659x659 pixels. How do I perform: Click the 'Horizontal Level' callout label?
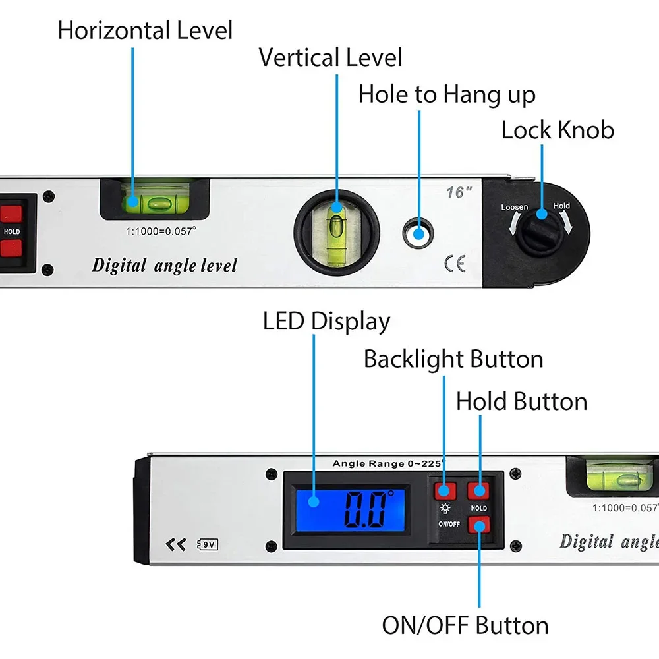click(x=145, y=30)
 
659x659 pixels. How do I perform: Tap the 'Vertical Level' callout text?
click(x=330, y=57)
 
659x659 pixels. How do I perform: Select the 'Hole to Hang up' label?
click(x=447, y=95)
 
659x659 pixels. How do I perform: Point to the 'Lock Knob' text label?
click(x=558, y=130)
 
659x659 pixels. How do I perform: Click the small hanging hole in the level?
click(x=418, y=233)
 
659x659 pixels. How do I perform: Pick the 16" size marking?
click(x=459, y=192)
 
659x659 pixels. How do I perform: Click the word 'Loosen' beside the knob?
click(x=514, y=207)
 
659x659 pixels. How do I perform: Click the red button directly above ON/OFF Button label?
click(x=479, y=525)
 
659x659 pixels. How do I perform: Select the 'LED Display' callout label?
click(x=326, y=322)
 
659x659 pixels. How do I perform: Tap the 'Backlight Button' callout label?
click(x=453, y=359)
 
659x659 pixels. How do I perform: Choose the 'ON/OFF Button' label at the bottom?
click(x=465, y=625)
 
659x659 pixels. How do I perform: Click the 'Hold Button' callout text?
click(x=521, y=401)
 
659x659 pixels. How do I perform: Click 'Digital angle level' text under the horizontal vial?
click(x=164, y=266)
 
